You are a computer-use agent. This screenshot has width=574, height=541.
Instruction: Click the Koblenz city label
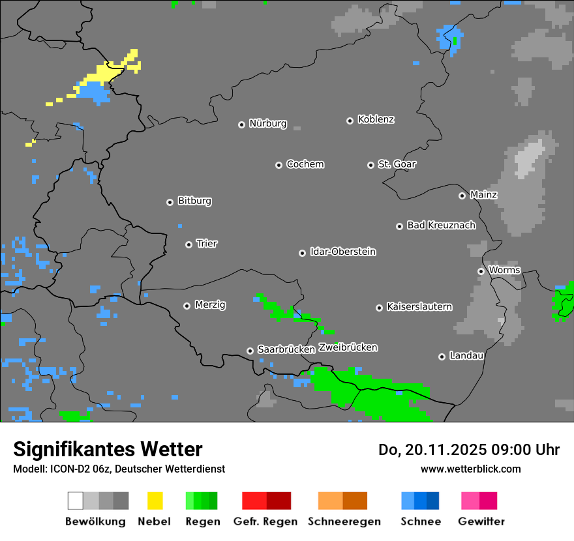pyautogui.click(x=376, y=119)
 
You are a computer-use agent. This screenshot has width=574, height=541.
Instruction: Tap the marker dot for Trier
pyautogui.click(x=189, y=244)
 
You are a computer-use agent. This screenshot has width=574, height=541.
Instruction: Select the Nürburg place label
pyautogui.click(x=267, y=123)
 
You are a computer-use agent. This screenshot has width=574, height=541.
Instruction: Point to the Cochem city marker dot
pyautogui.click(x=279, y=165)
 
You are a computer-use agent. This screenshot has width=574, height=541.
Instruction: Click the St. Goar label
pyautogui.click(x=397, y=164)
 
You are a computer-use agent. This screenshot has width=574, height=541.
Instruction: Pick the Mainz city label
pyautogui.click(x=483, y=194)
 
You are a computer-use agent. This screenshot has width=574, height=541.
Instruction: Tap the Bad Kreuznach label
pyautogui.click(x=441, y=225)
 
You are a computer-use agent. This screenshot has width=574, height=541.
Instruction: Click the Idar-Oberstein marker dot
pyautogui.click(x=302, y=253)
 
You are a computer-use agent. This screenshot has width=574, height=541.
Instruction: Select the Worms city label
pyautogui.click(x=504, y=270)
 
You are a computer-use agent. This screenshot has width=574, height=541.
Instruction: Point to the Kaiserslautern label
pyautogui.click(x=419, y=306)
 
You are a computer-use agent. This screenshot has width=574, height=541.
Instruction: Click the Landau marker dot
pyautogui.click(x=442, y=357)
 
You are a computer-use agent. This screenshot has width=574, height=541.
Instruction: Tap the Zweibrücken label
pyautogui.click(x=348, y=347)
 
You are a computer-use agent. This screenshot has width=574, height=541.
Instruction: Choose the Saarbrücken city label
pyautogui.click(x=286, y=349)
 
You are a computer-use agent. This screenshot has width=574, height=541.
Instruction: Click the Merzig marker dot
pyautogui.click(x=187, y=306)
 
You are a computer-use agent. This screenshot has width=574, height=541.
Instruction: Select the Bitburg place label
pyautogui.click(x=194, y=201)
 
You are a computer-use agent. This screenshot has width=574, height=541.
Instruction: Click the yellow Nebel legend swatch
pyautogui.click(x=155, y=501)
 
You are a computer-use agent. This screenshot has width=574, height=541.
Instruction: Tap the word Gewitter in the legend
pyautogui.click(x=481, y=521)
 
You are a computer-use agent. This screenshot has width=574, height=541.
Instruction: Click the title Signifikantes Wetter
pyautogui.click(x=108, y=449)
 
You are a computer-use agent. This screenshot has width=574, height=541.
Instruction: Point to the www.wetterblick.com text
pyautogui.click(x=470, y=469)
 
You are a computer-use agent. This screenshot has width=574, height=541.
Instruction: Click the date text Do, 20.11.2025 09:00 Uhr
pyautogui.click(x=468, y=450)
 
